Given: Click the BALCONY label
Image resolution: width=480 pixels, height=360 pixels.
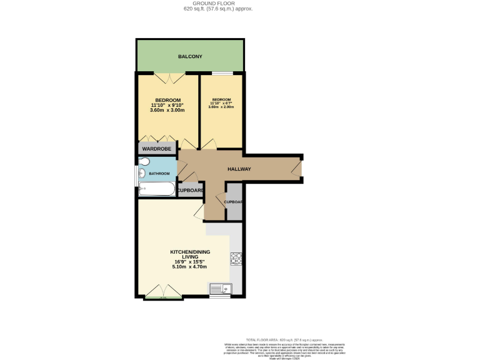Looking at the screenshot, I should (190, 57).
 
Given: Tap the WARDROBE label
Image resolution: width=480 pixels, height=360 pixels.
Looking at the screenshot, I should (156, 149).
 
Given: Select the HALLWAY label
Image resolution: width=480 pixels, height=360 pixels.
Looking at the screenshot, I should (238, 169).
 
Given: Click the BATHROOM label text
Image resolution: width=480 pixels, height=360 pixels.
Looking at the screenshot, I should (159, 173).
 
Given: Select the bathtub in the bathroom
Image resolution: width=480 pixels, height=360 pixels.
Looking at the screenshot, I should (156, 188).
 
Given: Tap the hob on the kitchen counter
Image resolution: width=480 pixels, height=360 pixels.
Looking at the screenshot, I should (237, 257).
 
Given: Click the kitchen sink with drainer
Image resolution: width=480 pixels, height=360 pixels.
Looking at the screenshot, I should (221, 288).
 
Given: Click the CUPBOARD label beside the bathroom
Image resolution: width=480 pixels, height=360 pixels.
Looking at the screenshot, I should (190, 190).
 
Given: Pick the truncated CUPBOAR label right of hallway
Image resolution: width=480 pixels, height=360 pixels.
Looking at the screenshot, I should (233, 202).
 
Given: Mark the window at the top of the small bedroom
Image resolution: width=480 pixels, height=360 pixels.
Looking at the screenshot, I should (221, 74).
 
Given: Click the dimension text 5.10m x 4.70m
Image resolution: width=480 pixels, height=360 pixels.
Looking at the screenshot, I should (189, 267).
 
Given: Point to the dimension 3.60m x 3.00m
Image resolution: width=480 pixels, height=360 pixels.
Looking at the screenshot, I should (168, 111).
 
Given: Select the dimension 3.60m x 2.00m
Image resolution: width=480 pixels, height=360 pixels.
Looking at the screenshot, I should (221, 107).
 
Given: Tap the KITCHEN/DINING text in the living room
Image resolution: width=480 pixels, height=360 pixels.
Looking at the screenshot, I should (190, 252).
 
